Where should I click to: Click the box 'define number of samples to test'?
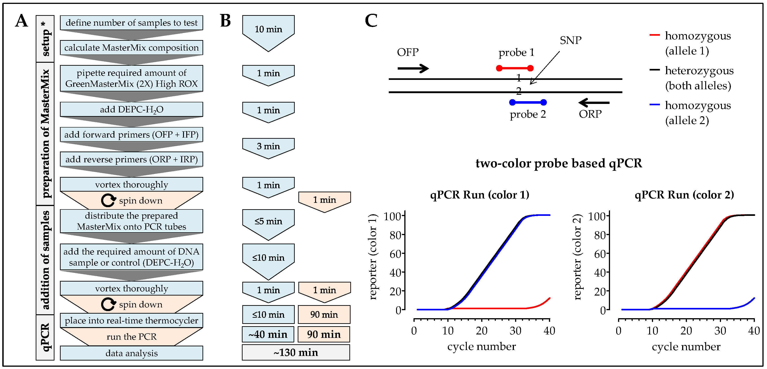131,23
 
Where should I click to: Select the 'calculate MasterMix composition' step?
131,48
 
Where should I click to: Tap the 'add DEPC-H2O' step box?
131,109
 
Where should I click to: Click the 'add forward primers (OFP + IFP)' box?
131,135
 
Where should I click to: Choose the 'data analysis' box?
131,353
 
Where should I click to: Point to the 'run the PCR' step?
131,337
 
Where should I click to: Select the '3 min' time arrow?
268,147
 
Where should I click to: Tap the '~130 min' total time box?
296,353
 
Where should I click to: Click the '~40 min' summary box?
268,334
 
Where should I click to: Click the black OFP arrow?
413,68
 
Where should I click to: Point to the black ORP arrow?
594,103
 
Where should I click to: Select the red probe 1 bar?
515,68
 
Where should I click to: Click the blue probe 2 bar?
528,103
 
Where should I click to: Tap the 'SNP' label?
570,41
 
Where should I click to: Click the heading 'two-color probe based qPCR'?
559,163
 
